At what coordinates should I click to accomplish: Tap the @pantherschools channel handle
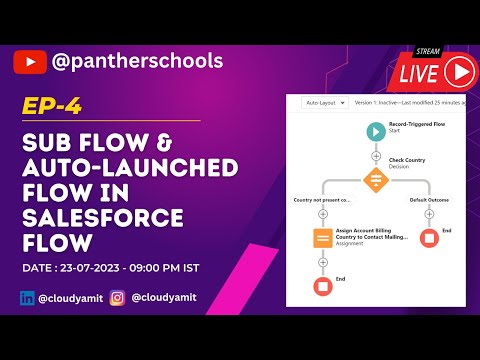[x=137, y=61]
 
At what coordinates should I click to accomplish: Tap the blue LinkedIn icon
[x=27, y=298]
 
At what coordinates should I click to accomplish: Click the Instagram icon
[x=117, y=298]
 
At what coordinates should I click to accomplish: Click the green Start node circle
[x=376, y=130]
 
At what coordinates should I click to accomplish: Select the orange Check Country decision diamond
[x=376, y=180]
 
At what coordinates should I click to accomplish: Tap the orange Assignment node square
[x=323, y=238]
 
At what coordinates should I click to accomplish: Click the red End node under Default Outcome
[x=428, y=238]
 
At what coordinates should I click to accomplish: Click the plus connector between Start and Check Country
[x=376, y=156]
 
